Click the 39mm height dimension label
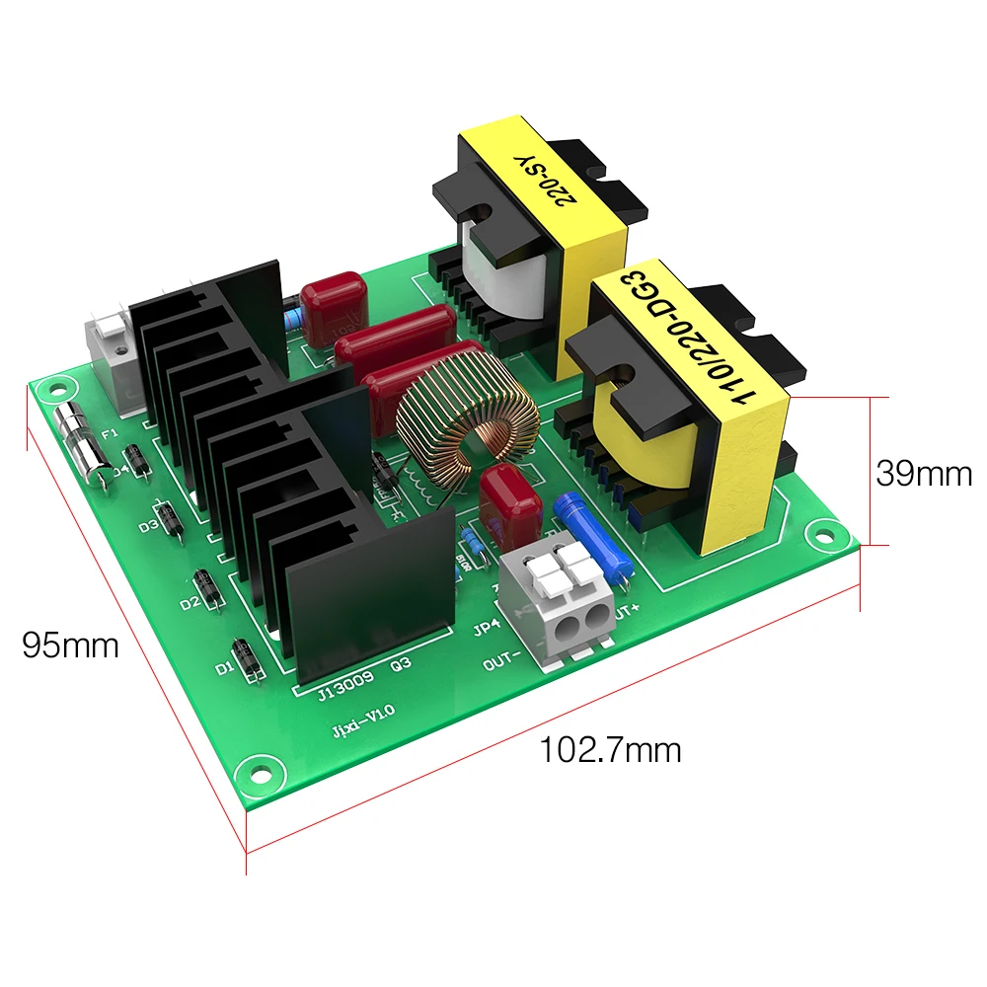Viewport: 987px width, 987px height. point(924,474)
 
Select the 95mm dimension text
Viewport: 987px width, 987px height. point(70,645)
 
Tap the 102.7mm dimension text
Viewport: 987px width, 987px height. point(609,749)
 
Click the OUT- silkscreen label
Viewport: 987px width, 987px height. point(504,664)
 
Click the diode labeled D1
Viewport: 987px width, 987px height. point(244,659)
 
